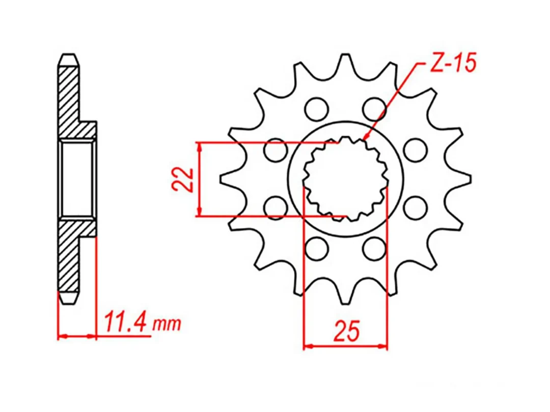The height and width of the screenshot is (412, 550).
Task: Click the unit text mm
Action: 168,324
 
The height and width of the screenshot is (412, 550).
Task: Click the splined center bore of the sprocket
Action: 345,178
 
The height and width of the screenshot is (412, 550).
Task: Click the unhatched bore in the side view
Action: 77,178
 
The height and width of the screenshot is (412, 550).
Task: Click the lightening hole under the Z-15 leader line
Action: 374,108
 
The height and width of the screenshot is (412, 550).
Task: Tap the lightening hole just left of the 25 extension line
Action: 276,207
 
